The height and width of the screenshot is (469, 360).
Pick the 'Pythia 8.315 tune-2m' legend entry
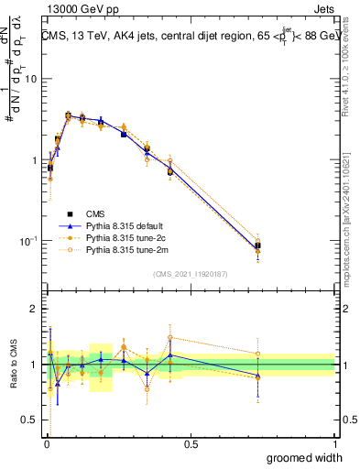click(x=137, y=248)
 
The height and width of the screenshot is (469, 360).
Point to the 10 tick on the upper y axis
click(x=31, y=79)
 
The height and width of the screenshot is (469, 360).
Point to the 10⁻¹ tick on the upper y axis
click(x=29, y=241)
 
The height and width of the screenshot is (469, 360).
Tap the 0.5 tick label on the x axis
click(x=191, y=443)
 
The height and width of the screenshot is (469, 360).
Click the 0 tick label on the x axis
click(x=46, y=443)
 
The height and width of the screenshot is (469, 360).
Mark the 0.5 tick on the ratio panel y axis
click(x=31, y=420)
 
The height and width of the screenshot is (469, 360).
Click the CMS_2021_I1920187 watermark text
click(x=190, y=272)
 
